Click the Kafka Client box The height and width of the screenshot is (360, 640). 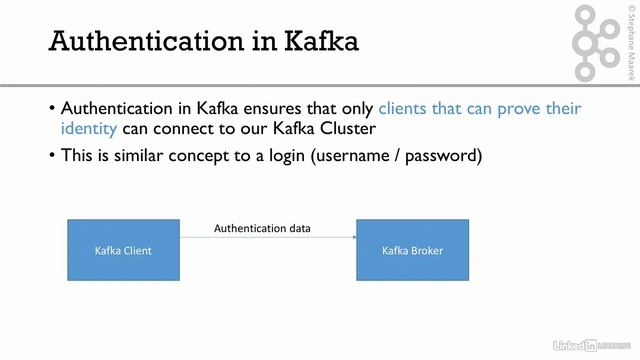pyautogui.click(x=123, y=250)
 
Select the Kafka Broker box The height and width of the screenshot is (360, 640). pyautogui.click(x=413, y=250)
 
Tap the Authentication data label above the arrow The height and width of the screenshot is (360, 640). pyautogui.click(x=262, y=229)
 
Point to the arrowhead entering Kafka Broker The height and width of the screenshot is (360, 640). pyautogui.click(x=354, y=237)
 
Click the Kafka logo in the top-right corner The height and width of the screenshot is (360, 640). pyautogui.click(x=597, y=41)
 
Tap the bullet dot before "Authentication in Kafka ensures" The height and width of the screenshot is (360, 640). pyautogui.click(x=52, y=108)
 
